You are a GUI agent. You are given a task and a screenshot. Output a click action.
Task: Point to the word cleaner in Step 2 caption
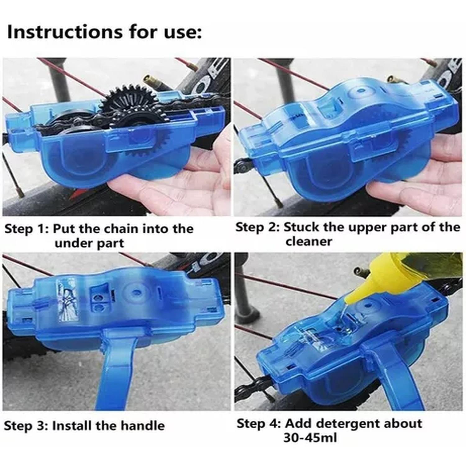coord(309,241)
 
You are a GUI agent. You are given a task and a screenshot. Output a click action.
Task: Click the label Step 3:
coord(26,425)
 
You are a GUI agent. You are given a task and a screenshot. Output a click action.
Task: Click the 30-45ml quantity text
coord(310,438)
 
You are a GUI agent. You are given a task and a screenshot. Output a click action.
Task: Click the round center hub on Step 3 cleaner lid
coord(135,292)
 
